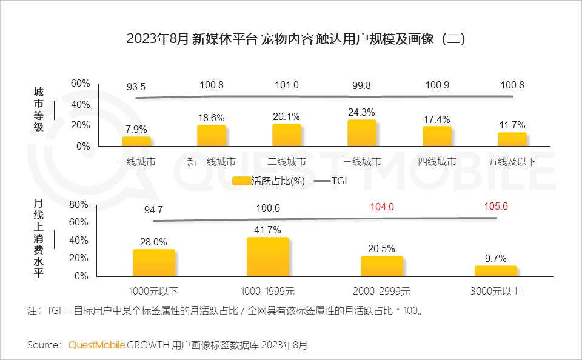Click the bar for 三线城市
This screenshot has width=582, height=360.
click(362, 133)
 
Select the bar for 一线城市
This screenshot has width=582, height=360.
click(136, 141)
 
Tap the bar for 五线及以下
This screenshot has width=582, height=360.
click(512, 139)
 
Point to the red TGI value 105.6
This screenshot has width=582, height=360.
click(496, 207)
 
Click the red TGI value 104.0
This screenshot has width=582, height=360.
click(382, 207)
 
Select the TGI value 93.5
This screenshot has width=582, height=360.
click(136, 86)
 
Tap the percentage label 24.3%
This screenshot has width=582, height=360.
click(362, 112)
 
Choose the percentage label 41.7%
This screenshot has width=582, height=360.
click(268, 230)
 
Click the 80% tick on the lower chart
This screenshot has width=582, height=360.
click(79, 205)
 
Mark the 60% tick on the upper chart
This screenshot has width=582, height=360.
click(81, 84)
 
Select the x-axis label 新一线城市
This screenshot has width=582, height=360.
click(212, 162)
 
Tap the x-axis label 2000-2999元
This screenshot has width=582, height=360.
click(382, 291)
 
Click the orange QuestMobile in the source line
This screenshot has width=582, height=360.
click(97, 345)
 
